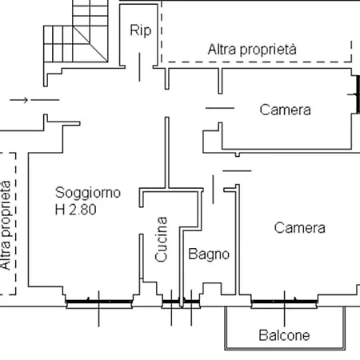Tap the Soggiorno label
(x=88, y=192)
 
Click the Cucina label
(x=162, y=240)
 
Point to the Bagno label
(x=209, y=254)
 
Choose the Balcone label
(x=283, y=335)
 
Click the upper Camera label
(x=285, y=110)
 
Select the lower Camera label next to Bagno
(x=299, y=228)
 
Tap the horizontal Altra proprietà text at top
(x=252, y=49)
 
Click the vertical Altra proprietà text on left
(x=6, y=225)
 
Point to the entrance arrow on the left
(x=20, y=100)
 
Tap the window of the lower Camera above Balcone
(x=285, y=302)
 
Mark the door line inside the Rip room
(x=142, y=67)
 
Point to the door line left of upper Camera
(x=218, y=108)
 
